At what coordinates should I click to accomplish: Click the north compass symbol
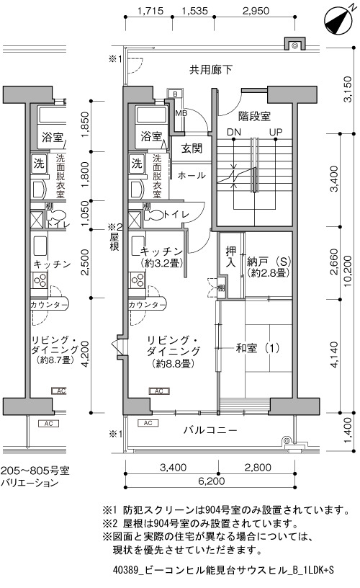337,22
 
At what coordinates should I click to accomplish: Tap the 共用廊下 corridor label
211,70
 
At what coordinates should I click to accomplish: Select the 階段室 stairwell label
254,116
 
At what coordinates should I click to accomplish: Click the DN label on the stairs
234,132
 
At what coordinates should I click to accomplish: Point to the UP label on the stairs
275,132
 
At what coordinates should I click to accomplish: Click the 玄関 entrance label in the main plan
192,148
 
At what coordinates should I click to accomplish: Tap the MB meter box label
181,112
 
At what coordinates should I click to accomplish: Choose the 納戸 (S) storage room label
269,261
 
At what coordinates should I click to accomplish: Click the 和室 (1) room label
258,348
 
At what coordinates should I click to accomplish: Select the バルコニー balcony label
210,429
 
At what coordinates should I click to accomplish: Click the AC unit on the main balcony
148,423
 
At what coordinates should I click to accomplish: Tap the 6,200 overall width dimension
212,481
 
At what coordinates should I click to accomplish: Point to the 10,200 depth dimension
348,271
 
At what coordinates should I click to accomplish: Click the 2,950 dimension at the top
256,11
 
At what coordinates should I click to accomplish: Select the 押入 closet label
231,257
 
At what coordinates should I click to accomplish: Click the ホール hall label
192,175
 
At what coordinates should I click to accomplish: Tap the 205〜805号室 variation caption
35,471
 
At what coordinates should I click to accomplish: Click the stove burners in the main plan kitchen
137,280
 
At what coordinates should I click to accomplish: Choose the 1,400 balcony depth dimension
348,429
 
